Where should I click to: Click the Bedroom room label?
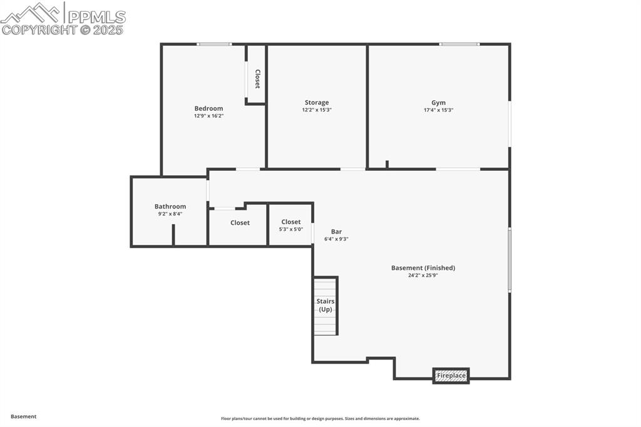(x=208, y=108)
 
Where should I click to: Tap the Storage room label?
(x=317, y=103)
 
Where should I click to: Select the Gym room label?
(x=438, y=103)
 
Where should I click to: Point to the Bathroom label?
(x=170, y=207)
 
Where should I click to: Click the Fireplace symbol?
(x=451, y=376)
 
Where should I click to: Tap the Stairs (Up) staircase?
(x=326, y=306)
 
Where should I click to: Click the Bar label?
(x=336, y=232)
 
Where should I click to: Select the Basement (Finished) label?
(x=423, y=268)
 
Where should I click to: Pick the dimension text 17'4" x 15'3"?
(x=438, y=110)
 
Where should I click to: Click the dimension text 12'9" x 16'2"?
(x=208, y=116)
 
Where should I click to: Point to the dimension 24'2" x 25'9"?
(x=423, y=275)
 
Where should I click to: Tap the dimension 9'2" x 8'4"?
(x=170, y=214)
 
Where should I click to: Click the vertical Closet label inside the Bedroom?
(x=257, y=78)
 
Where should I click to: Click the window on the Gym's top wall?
(x=459, y=44)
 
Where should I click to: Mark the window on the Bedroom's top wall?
(x=214, y=44)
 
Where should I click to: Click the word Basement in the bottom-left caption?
(x=24, y=416)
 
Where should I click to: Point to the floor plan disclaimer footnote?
(x=320, y=419)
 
